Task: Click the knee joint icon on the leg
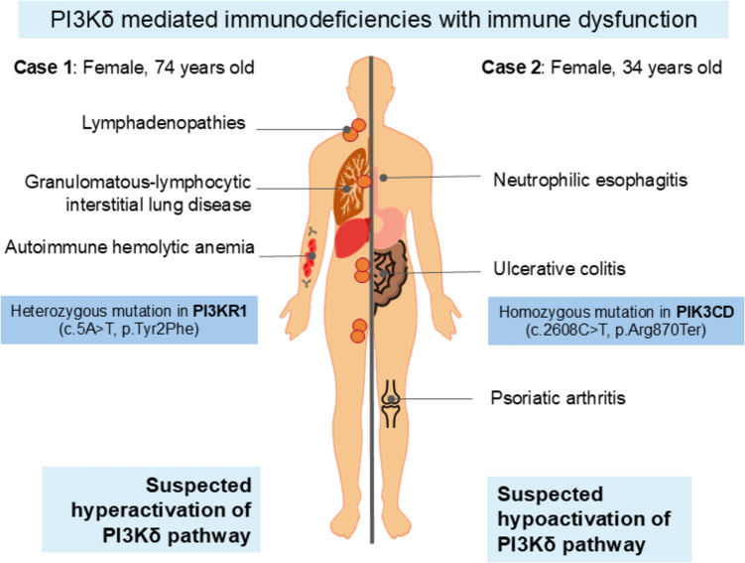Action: click(x=393, y=399)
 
